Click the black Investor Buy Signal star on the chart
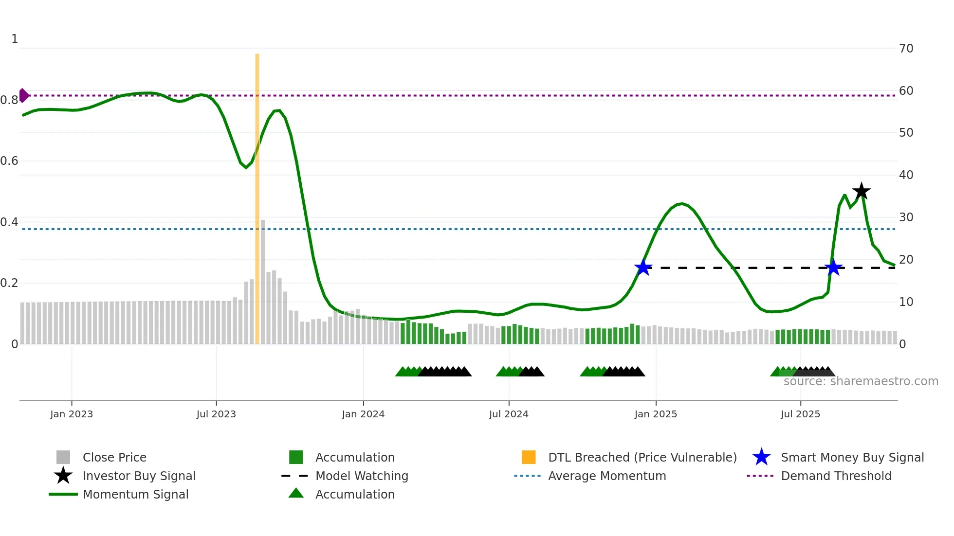[861, 191]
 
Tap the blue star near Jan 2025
[643, 268]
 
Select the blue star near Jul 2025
[833, 268]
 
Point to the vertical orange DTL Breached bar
[257, 195]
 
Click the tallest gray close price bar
[263, 282]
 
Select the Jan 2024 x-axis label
[363, 414]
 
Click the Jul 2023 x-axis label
[216, 414]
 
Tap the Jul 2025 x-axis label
[800, 414]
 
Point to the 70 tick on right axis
[906, 49]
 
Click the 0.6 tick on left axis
[9, 161]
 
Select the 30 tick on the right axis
[906, 217]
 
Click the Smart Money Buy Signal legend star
[761, 457]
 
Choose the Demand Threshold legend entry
[836, 476]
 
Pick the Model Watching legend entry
[362, 476]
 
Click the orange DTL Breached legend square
[529, 457]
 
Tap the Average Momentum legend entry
[606, 476]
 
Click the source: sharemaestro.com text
[861, 381]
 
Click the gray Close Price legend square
[63, 457]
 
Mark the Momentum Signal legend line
[63, 494]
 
